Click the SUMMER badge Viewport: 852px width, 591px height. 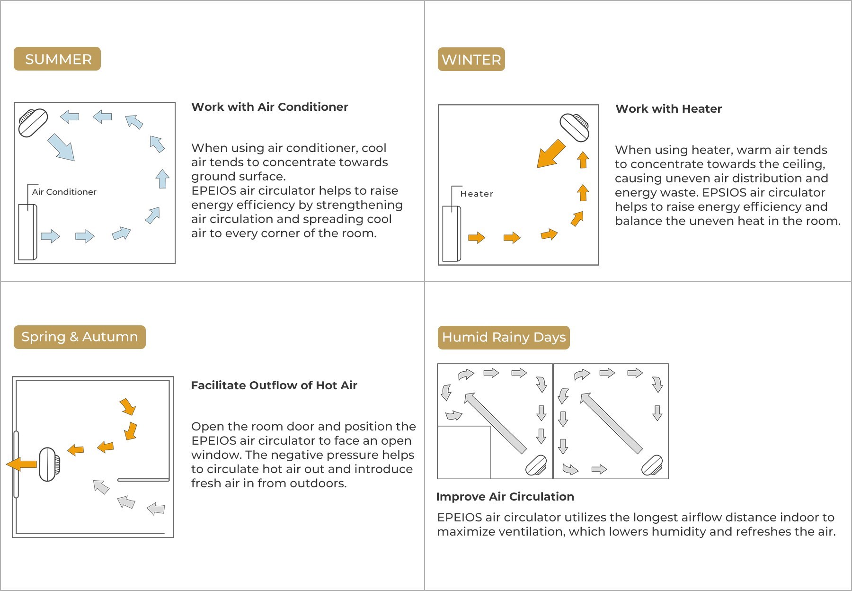coord(57,59)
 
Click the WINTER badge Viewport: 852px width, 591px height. coord(471,59)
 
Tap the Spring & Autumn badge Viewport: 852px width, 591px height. coord(80,337)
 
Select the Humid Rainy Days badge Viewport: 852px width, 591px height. coord(504,338)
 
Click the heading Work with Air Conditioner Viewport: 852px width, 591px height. coord(270,107)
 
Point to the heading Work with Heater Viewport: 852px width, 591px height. coord(668,109)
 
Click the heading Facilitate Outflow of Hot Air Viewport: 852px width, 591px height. coord(274,385)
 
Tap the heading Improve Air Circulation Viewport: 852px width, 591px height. coord(505,497)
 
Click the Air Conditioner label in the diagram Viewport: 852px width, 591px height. coord(64,192)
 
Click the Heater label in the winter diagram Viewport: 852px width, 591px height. coord(477,194)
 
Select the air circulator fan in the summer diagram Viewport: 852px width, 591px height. coord(33,123)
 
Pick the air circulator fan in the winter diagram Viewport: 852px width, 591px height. coord(575,127)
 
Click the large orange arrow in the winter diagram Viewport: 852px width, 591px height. coord(551,153)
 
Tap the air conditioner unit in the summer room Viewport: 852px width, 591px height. coord(27,232)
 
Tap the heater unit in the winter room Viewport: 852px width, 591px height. coord(452,234)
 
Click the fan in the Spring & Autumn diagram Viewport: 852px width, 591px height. coord(49,465)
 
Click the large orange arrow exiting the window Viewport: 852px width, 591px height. coord(21,464)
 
